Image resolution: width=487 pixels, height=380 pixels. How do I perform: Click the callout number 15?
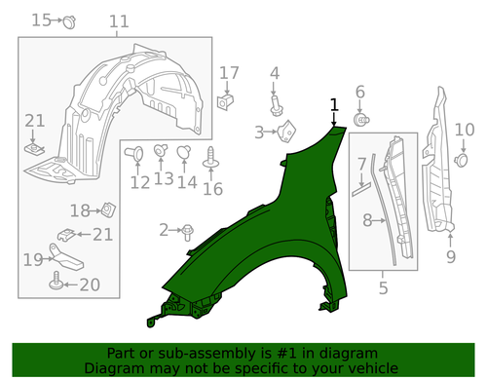click(41, 20)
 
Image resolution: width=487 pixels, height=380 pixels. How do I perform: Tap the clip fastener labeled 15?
click(69, 22)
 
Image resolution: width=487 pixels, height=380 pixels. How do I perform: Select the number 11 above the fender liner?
click(119, 21)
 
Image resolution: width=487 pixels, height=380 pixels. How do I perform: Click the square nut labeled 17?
click(225, 102)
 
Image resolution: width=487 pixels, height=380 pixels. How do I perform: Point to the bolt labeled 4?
click(277, 105)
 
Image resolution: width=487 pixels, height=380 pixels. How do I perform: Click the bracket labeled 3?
click(286, 131)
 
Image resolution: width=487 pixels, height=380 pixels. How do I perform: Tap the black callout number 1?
click(334, 105)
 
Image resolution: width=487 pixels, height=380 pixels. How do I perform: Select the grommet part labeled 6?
click(361, 120)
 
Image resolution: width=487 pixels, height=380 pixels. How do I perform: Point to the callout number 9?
click(451, 256)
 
